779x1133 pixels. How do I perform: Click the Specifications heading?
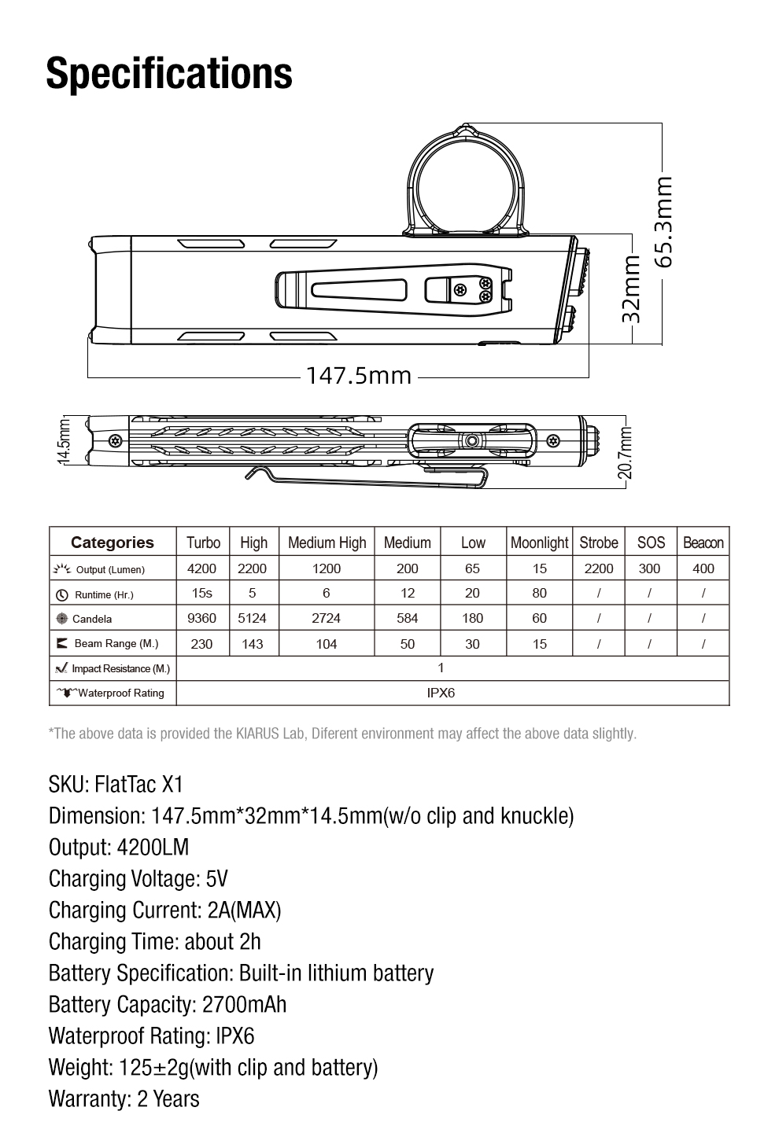pos(169,73)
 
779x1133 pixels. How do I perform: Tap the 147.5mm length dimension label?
pos(359,375)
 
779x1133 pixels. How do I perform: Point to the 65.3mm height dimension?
pos(664,221)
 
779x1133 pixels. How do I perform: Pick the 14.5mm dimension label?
pos(65,440)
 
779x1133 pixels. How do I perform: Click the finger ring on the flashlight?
pos(465,181)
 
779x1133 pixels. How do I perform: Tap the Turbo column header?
pos(203,543)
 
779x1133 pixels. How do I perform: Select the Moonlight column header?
pos(539,543)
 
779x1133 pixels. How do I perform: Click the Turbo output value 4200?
pos(202,568)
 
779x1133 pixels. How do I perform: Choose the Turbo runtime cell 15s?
pos(202,593)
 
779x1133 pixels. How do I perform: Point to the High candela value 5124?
pos(253,618)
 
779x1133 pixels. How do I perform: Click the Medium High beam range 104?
pos(326,644)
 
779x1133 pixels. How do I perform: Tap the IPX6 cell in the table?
pos(441,693)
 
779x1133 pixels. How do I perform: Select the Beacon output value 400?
pos(703,568)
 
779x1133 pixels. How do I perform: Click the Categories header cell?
pos(113,543)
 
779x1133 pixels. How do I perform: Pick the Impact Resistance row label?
pos(113,668)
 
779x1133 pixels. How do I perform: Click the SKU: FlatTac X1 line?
pos(116,784)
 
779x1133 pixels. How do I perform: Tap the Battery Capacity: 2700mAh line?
pos(168,1004)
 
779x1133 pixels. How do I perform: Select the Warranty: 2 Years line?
pos(124,1098)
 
